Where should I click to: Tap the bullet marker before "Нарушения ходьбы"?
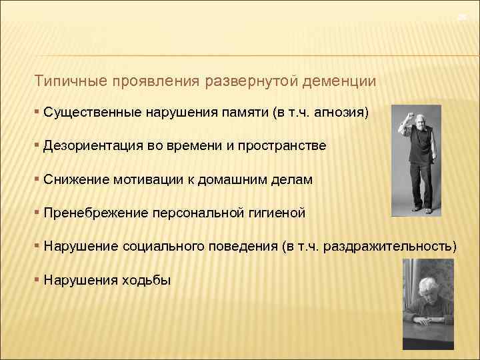[x=37, y=280]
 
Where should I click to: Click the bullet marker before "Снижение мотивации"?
[x=37, y=179]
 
